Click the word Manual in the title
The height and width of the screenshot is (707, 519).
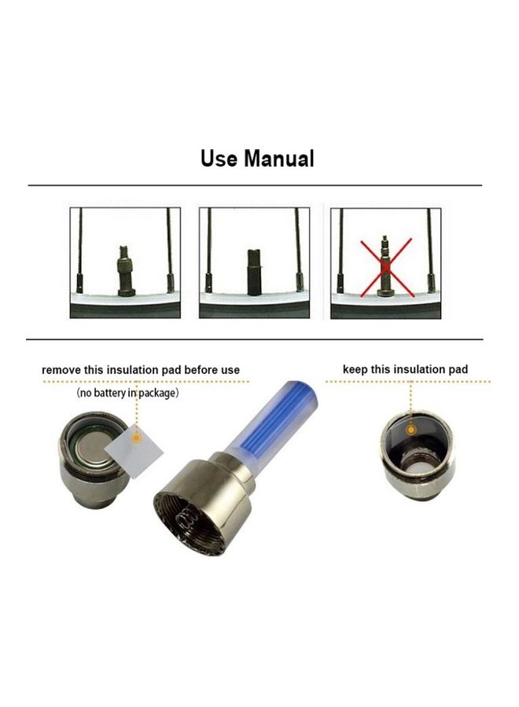tap(279, 159)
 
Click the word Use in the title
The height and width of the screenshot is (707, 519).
tap(219, 159)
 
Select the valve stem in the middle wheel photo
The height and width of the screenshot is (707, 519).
tap(254, 273)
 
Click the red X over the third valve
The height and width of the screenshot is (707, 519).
tap(386, 268)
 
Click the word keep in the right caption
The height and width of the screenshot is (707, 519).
tap(355, 370)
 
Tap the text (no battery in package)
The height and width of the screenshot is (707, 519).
tap(127, 394)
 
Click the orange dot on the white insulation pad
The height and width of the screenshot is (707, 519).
tap(136, 438)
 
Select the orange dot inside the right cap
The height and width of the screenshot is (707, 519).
tap(410, 430)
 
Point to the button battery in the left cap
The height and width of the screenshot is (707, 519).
tap(94, 452)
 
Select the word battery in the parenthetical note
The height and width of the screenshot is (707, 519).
tap(110, 394)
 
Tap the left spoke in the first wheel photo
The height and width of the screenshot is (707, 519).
tap(80, 250)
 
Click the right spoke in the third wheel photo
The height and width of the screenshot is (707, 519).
tap(431, 250)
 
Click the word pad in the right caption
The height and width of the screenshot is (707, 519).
tap(458, 370)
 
